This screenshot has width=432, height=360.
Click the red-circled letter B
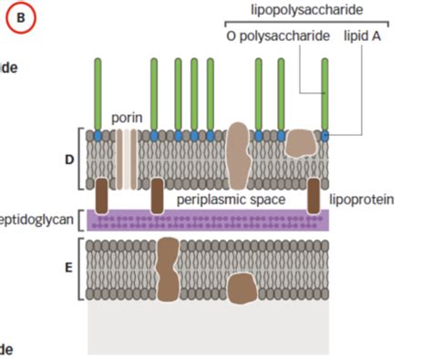[x=23, y=17]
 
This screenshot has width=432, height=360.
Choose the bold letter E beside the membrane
[x=68, y=271]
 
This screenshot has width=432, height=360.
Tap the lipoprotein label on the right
[x=362, y=198]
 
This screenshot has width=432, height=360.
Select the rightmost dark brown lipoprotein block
[x=322, y=193]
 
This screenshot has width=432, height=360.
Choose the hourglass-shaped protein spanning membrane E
[x=168, y=270]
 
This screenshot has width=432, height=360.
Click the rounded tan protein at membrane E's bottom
[x=242, y=290]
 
